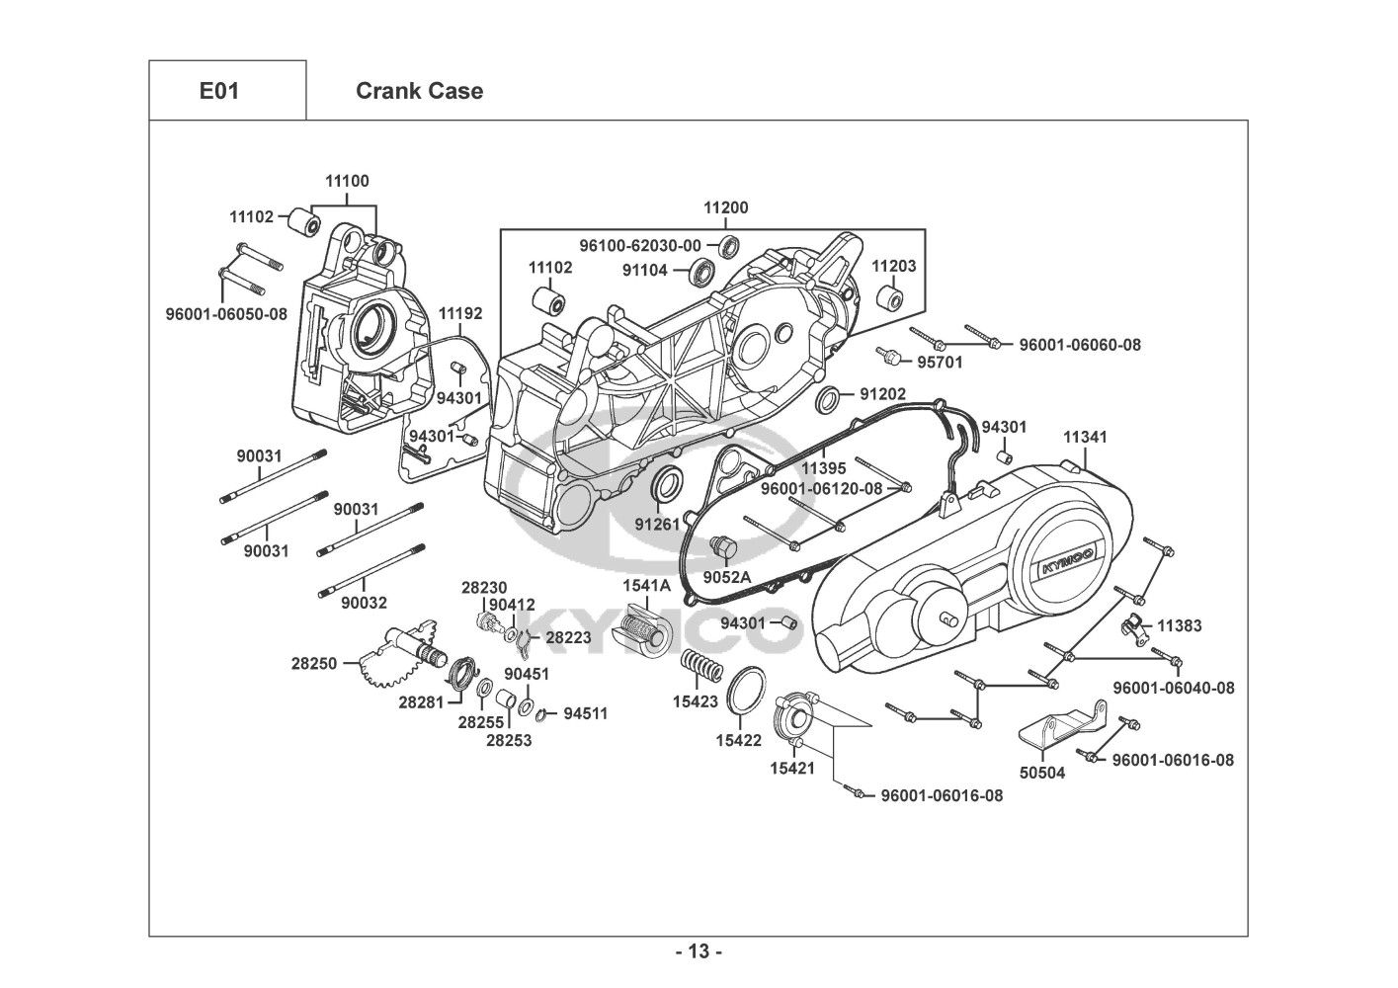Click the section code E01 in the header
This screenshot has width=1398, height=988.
(218, 91)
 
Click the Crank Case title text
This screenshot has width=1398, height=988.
(419, 91)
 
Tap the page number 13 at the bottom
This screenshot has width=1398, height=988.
(699, 952)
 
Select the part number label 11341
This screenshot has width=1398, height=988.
(1085, 437)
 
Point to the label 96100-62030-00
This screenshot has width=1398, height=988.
(640, 245)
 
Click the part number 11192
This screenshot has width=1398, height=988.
(460, 313)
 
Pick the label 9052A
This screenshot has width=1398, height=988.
(727, 577)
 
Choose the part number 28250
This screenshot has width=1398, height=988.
(312, 664)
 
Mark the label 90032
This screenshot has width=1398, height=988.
(366, 603)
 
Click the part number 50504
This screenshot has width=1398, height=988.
(1041, 773)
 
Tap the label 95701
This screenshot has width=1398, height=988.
(940, 363)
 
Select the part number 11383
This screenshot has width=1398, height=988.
(1179, 625)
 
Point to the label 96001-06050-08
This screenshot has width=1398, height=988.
(225, 314)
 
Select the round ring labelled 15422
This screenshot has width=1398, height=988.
(748, 688)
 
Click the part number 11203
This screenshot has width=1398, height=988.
(893, 266)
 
